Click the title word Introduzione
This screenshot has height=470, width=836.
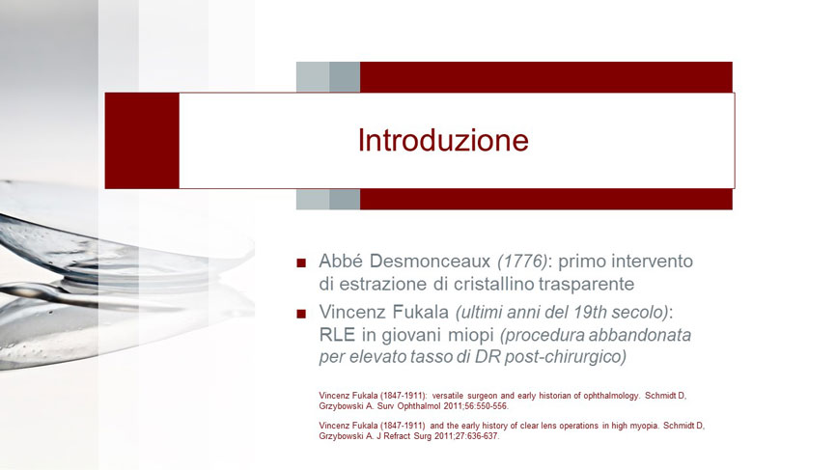[x=443, y=140]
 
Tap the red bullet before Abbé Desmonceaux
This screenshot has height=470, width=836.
[x=301, y=263]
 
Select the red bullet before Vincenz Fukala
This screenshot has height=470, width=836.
[x=301, y=314]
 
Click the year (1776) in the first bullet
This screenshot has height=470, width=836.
[x=522, y=262]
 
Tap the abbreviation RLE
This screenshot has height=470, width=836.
[x=337, y=335]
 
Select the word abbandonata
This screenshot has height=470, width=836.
[x=640, y=335]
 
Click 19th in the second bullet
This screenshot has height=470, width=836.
[x=590, y=313]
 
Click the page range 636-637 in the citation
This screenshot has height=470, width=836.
[x=484, y=436]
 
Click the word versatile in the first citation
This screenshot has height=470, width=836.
[x=448, y=396]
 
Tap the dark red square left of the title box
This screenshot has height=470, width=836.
[x=142, y=141]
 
